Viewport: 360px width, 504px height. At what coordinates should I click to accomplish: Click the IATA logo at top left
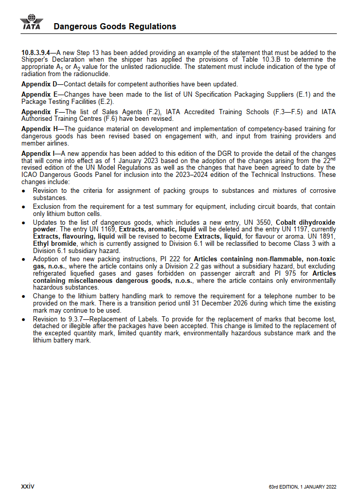click(32, 23)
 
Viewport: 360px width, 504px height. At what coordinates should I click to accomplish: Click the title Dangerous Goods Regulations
click(115, 26)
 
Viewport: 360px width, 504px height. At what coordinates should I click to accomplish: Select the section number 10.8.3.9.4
click(35, 52)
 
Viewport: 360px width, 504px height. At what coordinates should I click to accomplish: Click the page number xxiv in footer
click(27, 486)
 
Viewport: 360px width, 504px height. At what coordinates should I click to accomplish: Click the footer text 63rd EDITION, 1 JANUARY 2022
click(302, 487)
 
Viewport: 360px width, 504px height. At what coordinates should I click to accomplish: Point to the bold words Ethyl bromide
click(55, 243)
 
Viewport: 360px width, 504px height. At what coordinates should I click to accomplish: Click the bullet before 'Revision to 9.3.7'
click(24, 319)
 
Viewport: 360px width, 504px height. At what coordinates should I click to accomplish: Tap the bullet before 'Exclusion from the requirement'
click(24, 207)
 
